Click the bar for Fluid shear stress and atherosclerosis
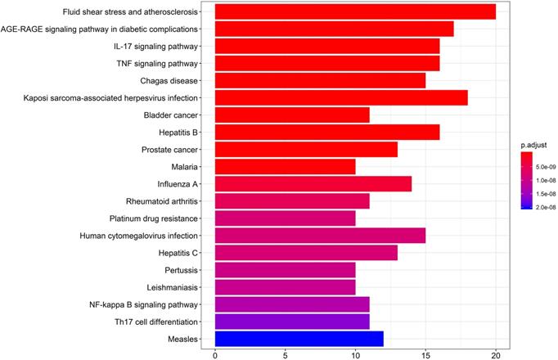(355, 11)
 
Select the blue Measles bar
(299, 338)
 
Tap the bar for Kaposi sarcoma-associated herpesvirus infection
(341, 97)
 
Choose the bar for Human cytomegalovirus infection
(320, 235)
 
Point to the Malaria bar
(285, 166)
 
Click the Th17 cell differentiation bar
(292, 321)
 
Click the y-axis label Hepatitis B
(181, 132)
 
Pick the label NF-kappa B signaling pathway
(145, 304)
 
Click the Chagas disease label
(172, 80)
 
